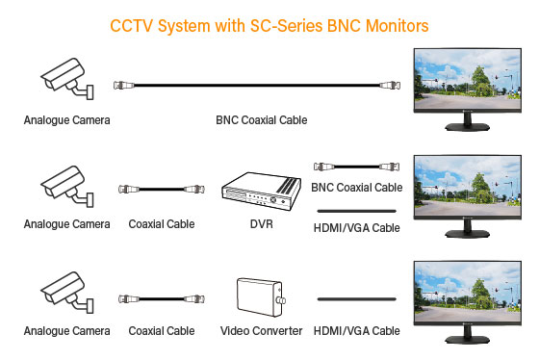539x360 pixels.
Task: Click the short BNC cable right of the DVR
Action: (x=357, y=166)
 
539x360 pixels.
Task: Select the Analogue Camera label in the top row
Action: (x=67, y=120)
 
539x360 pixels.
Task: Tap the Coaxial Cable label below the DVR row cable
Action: (x=161, y=224)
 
